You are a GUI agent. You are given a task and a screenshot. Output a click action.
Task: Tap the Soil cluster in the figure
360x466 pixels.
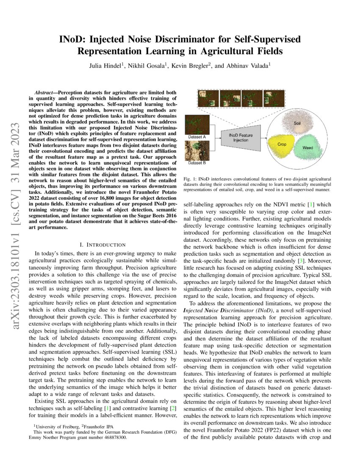296,123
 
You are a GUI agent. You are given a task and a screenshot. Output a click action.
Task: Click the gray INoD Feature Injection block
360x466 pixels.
240,137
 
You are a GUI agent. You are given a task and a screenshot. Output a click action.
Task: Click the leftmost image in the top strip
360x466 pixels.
207,99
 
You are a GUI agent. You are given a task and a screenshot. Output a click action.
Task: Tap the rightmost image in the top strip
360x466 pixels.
274,99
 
